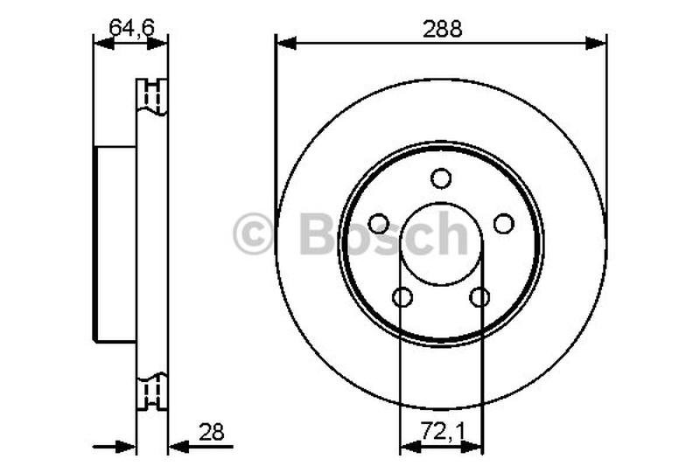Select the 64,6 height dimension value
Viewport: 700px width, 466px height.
pos(130,27)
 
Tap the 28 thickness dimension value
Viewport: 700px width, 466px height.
pos(213,431)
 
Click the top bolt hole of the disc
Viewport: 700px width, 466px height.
pos(441,178)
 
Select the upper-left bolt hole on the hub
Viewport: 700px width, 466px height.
pos(378,224)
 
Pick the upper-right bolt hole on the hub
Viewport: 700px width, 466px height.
pos(504,224)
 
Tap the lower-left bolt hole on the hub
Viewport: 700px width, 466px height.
pos(402,297)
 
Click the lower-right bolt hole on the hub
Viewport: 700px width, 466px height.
pos(479,297)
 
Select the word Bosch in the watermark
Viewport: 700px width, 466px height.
pos(383,234)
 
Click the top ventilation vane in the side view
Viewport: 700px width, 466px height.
pos(152,96)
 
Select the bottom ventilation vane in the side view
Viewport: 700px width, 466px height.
pos(152,391)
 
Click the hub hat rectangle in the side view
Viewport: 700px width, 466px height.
pos(115,244)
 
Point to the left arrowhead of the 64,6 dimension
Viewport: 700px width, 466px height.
pos(101,43)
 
